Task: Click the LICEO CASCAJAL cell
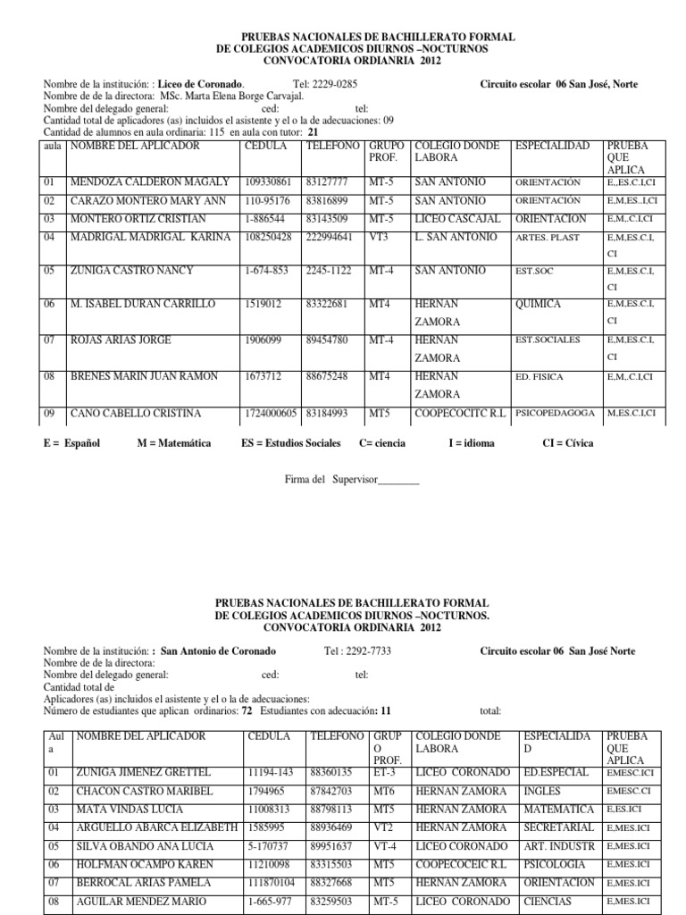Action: (456, 219)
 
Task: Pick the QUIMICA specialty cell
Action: (539, 305)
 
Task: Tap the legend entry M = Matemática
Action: (172, 442)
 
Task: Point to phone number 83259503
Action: (331, 901)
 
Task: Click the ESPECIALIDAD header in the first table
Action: (552, 145)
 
